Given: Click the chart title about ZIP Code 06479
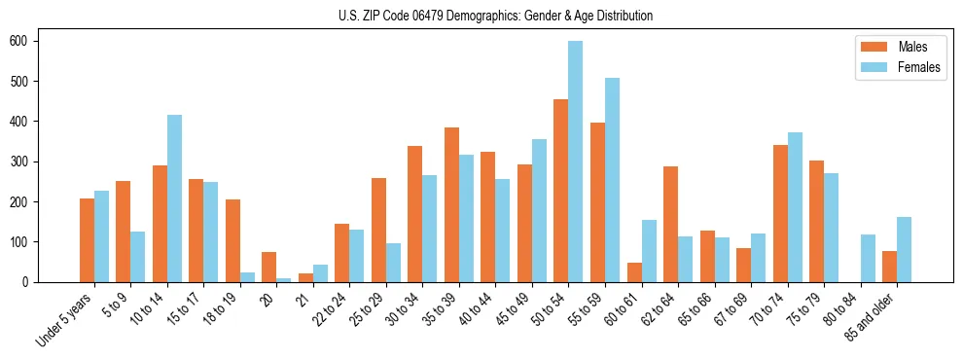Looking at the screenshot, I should pyautogui.click(x=481, y=16).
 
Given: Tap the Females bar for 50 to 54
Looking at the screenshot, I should pyautogui.click(x=576, y=162).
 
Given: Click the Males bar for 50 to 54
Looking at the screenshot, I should pyautogui.click(x=561, y=191).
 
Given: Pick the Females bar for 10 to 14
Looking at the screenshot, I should pyautogui.click(x=174, y=198).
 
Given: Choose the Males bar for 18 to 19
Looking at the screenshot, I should pyautogui.click(x=232, y=240).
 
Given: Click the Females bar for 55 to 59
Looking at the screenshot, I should pyautogui.click(x=612, y=180).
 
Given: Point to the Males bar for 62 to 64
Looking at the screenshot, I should pyautogui.click(x=670, y=224).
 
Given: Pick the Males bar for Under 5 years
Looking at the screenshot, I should pyautogui.click(x=87, y=240).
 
